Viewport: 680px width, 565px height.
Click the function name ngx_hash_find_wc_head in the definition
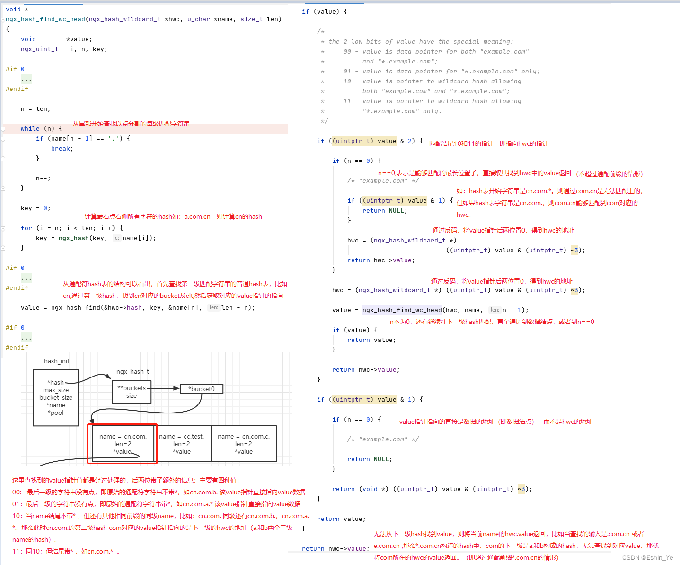tap(45, 19)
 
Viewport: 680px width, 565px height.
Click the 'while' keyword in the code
tap(30, 129)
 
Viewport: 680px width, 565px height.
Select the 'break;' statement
tap(62, 149)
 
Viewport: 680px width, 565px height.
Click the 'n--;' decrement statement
tap(43, 179)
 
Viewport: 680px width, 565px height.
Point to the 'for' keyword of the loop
tap(26, 228)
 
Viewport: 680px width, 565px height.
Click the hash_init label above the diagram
tap(57, 361)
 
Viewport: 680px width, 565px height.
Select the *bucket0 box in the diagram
tap(201, 389)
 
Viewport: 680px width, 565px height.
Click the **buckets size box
tap(132, 392)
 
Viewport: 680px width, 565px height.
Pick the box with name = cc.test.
tap(182, 444)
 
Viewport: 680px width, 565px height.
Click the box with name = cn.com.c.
tap(244, 444)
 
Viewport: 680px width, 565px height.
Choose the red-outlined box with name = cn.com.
tap(123, 444)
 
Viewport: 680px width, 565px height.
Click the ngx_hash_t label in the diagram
tap(132, 372)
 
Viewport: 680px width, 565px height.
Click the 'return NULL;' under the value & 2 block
tap(385, 211)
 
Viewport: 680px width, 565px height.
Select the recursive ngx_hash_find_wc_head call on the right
tap(402, 310)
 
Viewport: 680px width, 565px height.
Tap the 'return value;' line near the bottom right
tap(341, 519)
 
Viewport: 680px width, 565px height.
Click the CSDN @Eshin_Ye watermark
tap(647, 557)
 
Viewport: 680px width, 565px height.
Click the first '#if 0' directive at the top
tap(15, 69)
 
